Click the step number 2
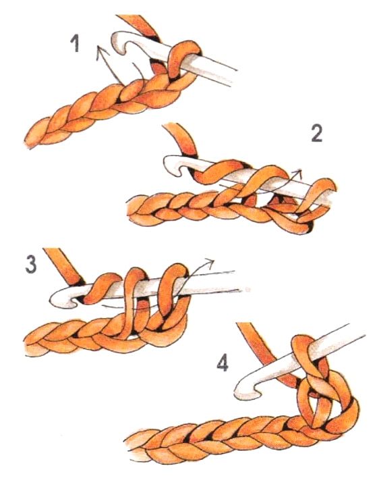318,133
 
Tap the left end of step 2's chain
132,209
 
